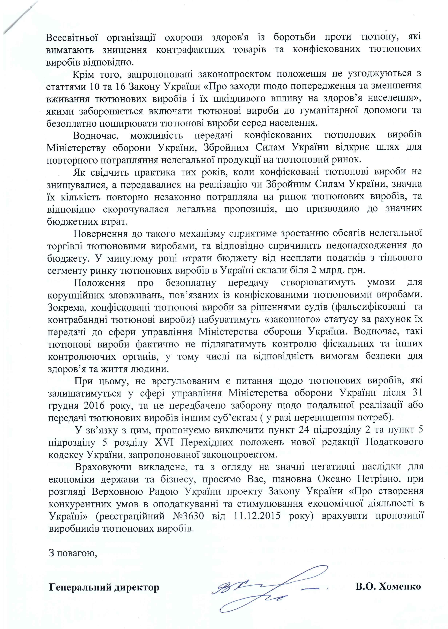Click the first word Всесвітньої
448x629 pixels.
[72, 37]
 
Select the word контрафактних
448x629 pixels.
[190, 50]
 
